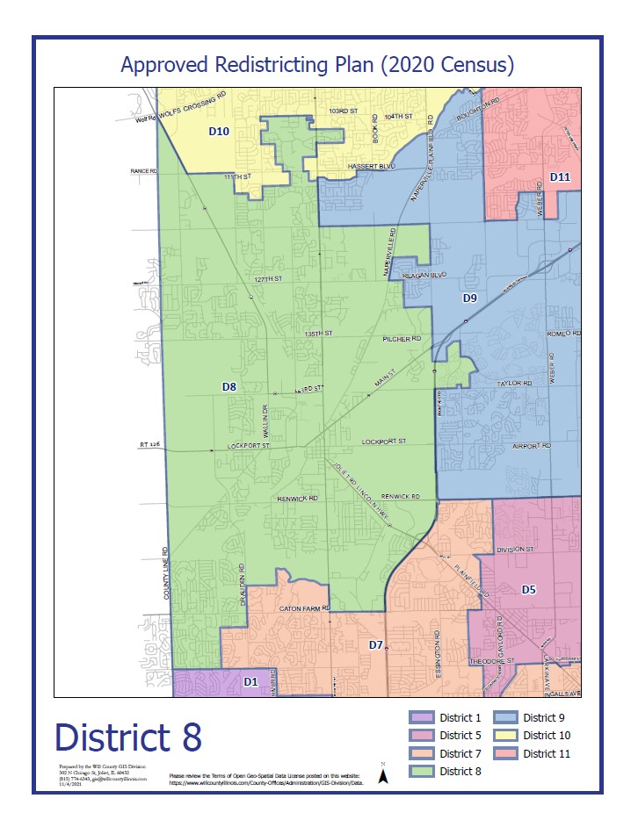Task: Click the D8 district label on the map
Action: (228, 386)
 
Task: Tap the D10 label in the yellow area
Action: (218, 131)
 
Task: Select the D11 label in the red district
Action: (561, 177)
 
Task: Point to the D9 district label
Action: (470, 298)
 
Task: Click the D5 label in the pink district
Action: (528, 589)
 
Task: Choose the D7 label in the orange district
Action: (376, 645)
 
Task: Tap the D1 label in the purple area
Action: (250, 681)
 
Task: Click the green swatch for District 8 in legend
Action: (422, 771)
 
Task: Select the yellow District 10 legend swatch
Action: (506, 736)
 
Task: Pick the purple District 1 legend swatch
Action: (422, 718)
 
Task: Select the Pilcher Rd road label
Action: (402, 338)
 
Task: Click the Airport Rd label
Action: (532, 447)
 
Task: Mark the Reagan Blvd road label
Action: (426, 275)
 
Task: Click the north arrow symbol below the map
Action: (383, 773)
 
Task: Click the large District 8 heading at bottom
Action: (128, 737)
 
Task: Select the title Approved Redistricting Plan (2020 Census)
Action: (317, 65)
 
